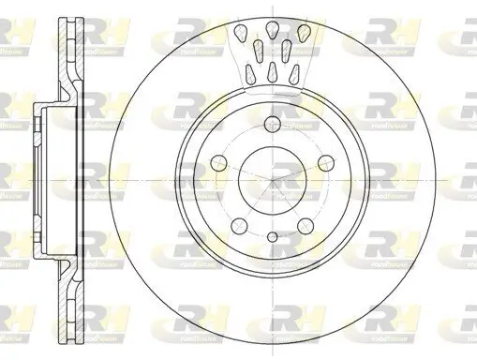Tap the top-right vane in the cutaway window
302,37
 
